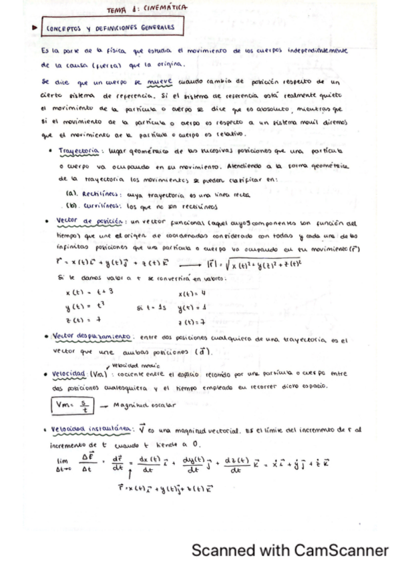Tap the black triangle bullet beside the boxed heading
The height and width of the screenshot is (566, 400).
point(33,28)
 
